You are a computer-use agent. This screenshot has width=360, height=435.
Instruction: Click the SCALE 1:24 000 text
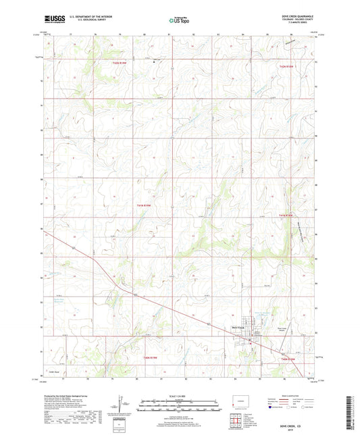(x=180, y=394)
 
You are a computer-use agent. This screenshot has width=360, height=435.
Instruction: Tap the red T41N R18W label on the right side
(x=288, y=215)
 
